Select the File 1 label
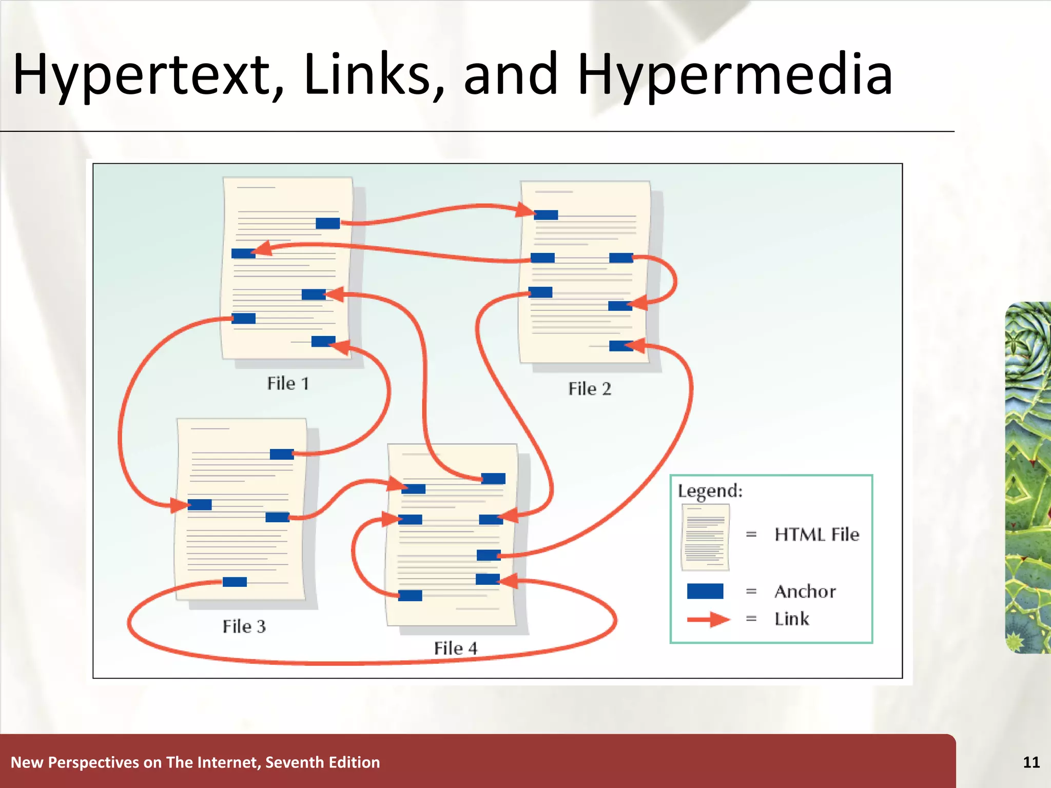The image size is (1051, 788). (288, 383)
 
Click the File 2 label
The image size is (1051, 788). (590, 389)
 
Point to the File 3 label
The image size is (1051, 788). (244, 626)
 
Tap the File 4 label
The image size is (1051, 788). (455, 648)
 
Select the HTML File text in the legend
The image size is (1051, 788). (816, 535)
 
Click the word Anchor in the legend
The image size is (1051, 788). (805, 592)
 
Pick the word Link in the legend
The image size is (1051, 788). (791, 619)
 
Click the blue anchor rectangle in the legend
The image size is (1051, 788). (705, 592)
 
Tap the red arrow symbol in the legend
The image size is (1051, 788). (708, 619)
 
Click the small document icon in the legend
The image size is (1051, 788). (705, 537)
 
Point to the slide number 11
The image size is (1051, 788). (1031, 762)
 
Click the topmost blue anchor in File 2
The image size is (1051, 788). (546, 215)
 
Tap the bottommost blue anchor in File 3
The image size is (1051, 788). (235, 582)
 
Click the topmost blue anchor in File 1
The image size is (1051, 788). (327, 223)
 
